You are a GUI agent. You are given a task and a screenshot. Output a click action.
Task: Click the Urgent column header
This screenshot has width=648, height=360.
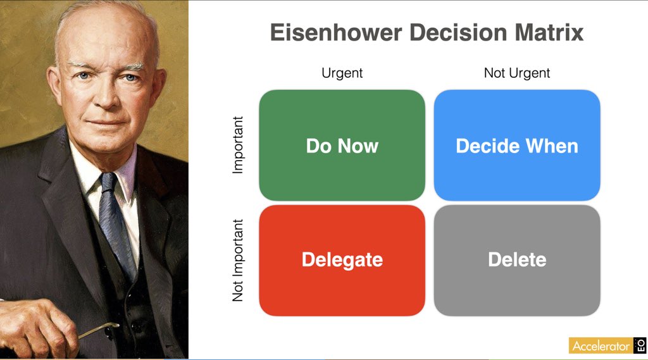pos(342,73)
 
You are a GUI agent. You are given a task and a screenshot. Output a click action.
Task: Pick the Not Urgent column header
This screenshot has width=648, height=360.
pos(517,73)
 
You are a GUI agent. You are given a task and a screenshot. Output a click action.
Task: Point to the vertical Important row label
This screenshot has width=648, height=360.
pos(238,145)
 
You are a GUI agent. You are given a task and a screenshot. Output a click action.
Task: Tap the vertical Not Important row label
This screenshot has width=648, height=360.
pos(238,260)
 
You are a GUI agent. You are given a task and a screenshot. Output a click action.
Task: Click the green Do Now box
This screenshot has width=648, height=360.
pos(342,146)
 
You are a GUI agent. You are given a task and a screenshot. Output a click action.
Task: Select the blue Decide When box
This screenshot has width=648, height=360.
pos(517,146)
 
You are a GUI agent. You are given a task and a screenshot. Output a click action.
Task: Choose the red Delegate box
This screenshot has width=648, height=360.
pos(342,259)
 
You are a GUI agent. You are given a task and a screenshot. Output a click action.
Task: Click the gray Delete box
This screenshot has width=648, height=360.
pos(517,259)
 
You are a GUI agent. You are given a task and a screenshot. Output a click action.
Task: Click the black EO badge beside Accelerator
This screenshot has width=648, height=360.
pos(639,345)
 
